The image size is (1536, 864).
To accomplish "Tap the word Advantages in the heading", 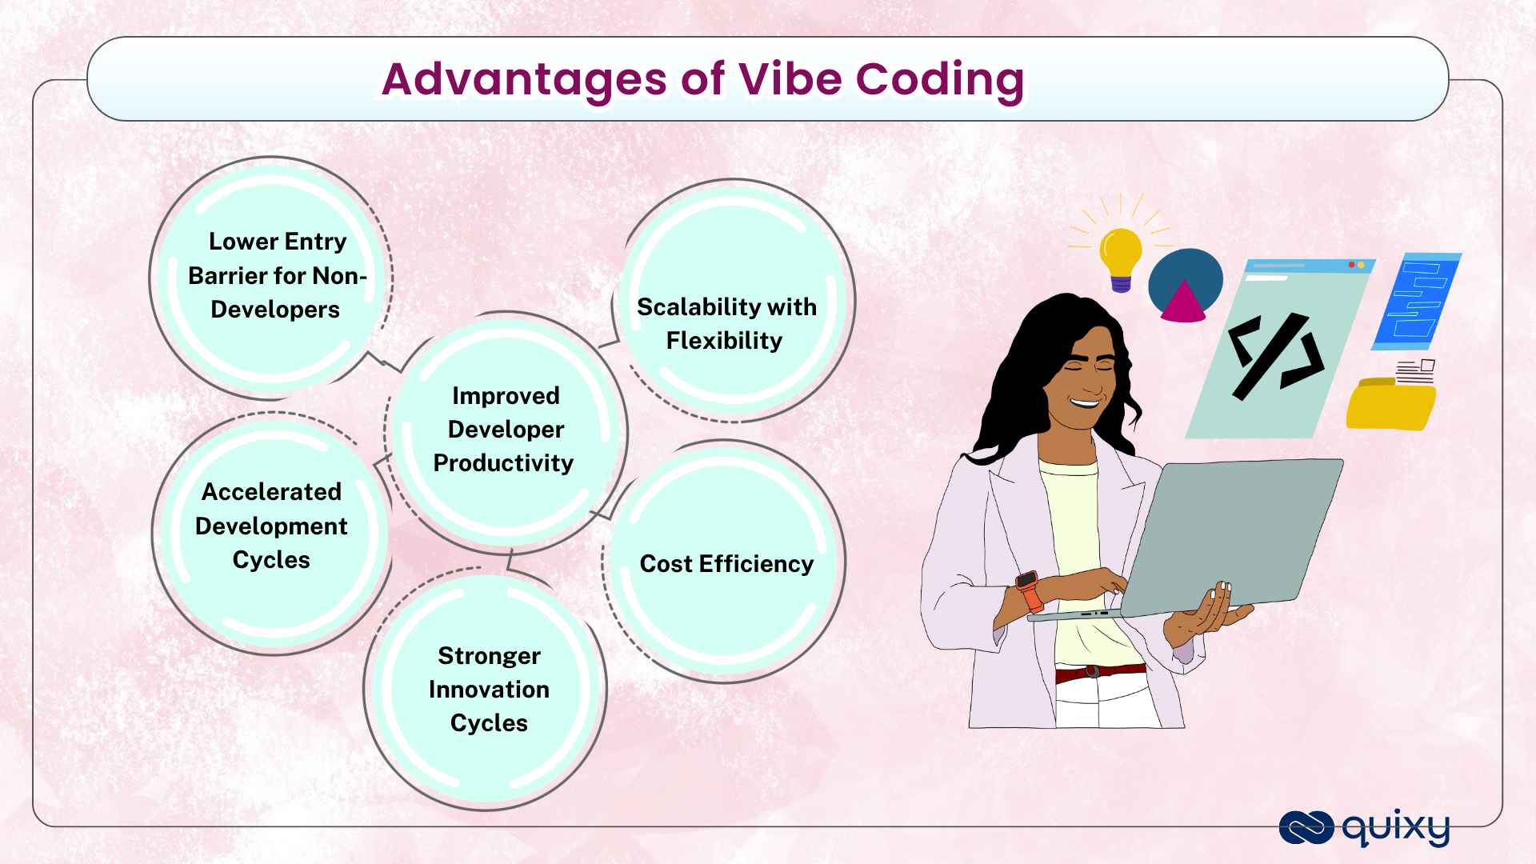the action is point(524,81).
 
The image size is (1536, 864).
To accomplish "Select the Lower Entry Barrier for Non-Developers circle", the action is point(271,278).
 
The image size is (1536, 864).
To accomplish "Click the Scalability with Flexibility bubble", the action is point(733,300).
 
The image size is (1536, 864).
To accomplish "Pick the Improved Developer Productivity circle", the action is point(506,433).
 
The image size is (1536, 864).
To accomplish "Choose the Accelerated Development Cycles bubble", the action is point(273,534).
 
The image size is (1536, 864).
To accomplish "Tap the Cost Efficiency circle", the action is point(724,561).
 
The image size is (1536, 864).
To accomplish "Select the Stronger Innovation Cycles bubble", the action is point(486,689).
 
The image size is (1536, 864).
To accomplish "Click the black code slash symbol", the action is point(1275,355).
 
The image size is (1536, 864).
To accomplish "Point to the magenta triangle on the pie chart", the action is point(1182,302).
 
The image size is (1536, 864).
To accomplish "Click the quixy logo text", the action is point(1396,828).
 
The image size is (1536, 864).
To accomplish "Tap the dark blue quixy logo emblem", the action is point(1306,828).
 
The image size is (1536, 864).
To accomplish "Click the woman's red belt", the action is point(1100,673).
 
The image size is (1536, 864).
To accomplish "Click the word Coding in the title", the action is point(940,81).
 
